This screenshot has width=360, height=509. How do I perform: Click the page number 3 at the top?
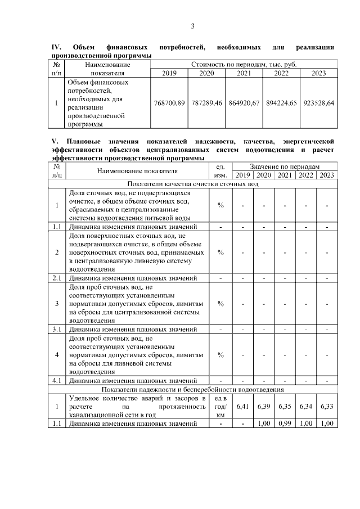click(192, 26)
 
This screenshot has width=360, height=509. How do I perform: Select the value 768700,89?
click(169, 103)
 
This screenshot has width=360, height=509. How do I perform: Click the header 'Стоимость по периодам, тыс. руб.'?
click(244, 65)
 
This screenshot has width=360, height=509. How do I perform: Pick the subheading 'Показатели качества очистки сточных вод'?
click(192, 184)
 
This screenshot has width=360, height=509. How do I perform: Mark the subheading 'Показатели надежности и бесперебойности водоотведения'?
click(192, 389)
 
